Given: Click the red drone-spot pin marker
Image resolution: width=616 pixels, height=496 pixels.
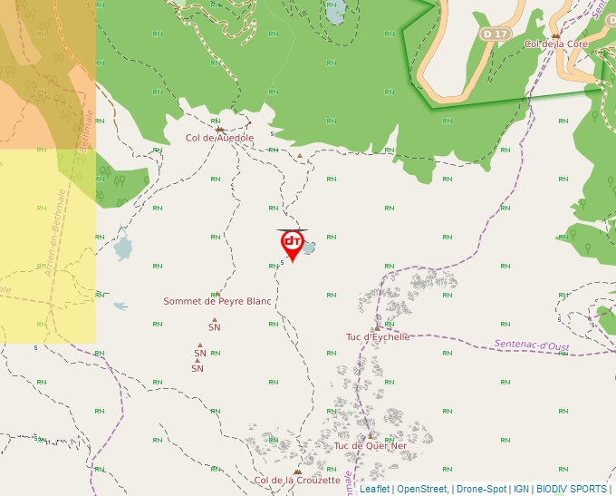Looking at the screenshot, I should [x=292, y=243].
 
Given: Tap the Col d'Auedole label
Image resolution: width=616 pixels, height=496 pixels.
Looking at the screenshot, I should [x=219, y=138].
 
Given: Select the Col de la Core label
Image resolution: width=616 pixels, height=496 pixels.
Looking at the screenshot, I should [x=555, y=44].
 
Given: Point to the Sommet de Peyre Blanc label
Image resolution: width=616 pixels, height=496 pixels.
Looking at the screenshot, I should [x=217, y=301].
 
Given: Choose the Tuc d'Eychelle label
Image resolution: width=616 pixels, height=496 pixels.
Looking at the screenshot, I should [x=378, y=336].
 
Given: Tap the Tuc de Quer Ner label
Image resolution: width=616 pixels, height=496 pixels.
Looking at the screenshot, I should [x=371, y=445].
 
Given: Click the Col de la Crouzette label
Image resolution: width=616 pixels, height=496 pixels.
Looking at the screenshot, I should [x=297, y=481].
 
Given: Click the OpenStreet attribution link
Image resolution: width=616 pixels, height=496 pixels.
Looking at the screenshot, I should [x=421, y=489].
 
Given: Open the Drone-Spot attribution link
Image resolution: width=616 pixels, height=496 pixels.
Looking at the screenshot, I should [x=481, y=489].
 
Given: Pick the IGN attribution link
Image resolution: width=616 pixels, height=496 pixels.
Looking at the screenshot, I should [x=521, y=489].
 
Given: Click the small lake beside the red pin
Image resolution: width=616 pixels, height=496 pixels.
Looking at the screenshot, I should [x=309, y=248].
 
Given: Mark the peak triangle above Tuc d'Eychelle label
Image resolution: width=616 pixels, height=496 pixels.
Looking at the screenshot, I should [x=376, y=327].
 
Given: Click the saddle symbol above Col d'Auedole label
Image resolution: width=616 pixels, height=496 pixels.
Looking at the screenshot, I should [x=219, y=129].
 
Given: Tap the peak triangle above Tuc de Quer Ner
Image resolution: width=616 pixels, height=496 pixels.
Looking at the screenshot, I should [x=370, y=435].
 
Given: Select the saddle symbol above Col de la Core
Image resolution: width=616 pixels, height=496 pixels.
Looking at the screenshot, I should [x=555, y=35].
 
